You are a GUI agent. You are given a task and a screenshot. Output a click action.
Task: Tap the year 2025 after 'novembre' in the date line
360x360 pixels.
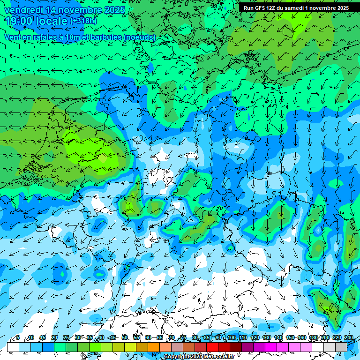click(x=114, y=10)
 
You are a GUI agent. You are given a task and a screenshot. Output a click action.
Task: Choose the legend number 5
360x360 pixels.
click(x=17, y=337)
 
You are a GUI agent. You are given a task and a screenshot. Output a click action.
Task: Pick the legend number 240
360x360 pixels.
click(x=349, y=337)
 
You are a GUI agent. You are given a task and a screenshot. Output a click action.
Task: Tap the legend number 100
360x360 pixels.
click(x=232, y=337)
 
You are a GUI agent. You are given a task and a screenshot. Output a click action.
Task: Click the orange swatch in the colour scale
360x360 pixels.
click(x=154, y=347)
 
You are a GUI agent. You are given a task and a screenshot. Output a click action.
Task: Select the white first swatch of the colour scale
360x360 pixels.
click(x=13, y=347)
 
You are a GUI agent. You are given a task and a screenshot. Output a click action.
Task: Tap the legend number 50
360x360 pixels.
click(x=125, y=337)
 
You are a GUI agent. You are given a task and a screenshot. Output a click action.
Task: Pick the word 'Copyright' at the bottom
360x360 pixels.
click(x=177, y=357)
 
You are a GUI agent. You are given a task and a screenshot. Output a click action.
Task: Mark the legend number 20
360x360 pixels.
click(x=54, y=337)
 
